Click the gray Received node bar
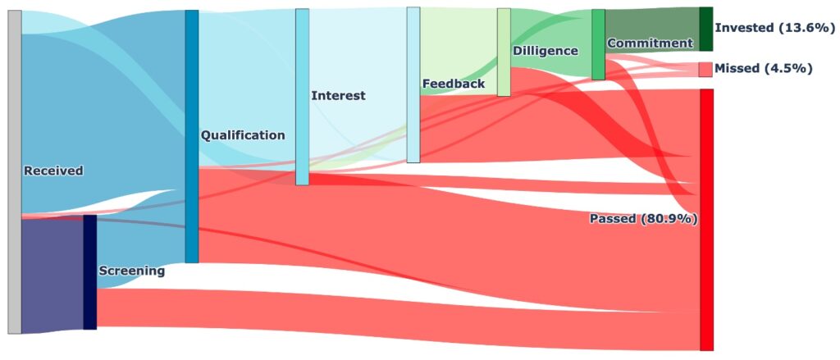(14, 172)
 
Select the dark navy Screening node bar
(89, 271)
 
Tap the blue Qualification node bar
(191, 136)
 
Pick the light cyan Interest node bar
(302, 97)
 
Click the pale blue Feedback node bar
(413, 84)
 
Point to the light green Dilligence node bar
(503, 52)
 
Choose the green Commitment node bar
(598, 44)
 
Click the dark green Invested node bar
(705, 29)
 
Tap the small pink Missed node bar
(705, 69)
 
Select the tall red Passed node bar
(706, 219)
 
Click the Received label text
(53, 171)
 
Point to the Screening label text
(131, 271)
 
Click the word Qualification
(243, 135)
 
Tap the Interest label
(338, 96)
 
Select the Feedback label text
(453, 84)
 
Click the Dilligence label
(545, 51)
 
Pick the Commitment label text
(650, 43)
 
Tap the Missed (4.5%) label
(763, 68)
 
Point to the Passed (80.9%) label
(643, 219)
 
